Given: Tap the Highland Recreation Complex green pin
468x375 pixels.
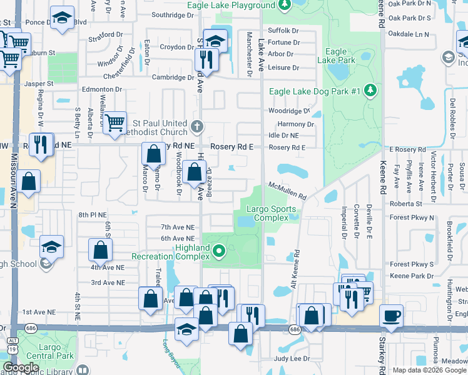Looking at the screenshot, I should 218,252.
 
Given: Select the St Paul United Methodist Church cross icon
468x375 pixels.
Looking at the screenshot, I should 197,127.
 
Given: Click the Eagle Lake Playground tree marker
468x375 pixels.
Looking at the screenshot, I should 285,6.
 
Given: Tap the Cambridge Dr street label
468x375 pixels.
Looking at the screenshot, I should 173,77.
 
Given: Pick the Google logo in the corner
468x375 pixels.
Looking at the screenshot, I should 21,367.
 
